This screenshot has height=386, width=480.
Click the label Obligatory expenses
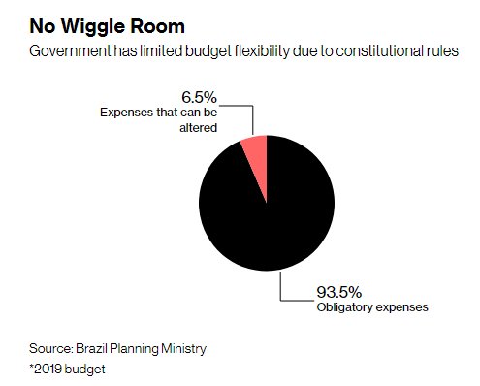(x=372, y=308)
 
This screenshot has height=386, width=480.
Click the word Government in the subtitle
(x=71, y=48)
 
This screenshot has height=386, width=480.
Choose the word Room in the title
(x=153, y=22)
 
